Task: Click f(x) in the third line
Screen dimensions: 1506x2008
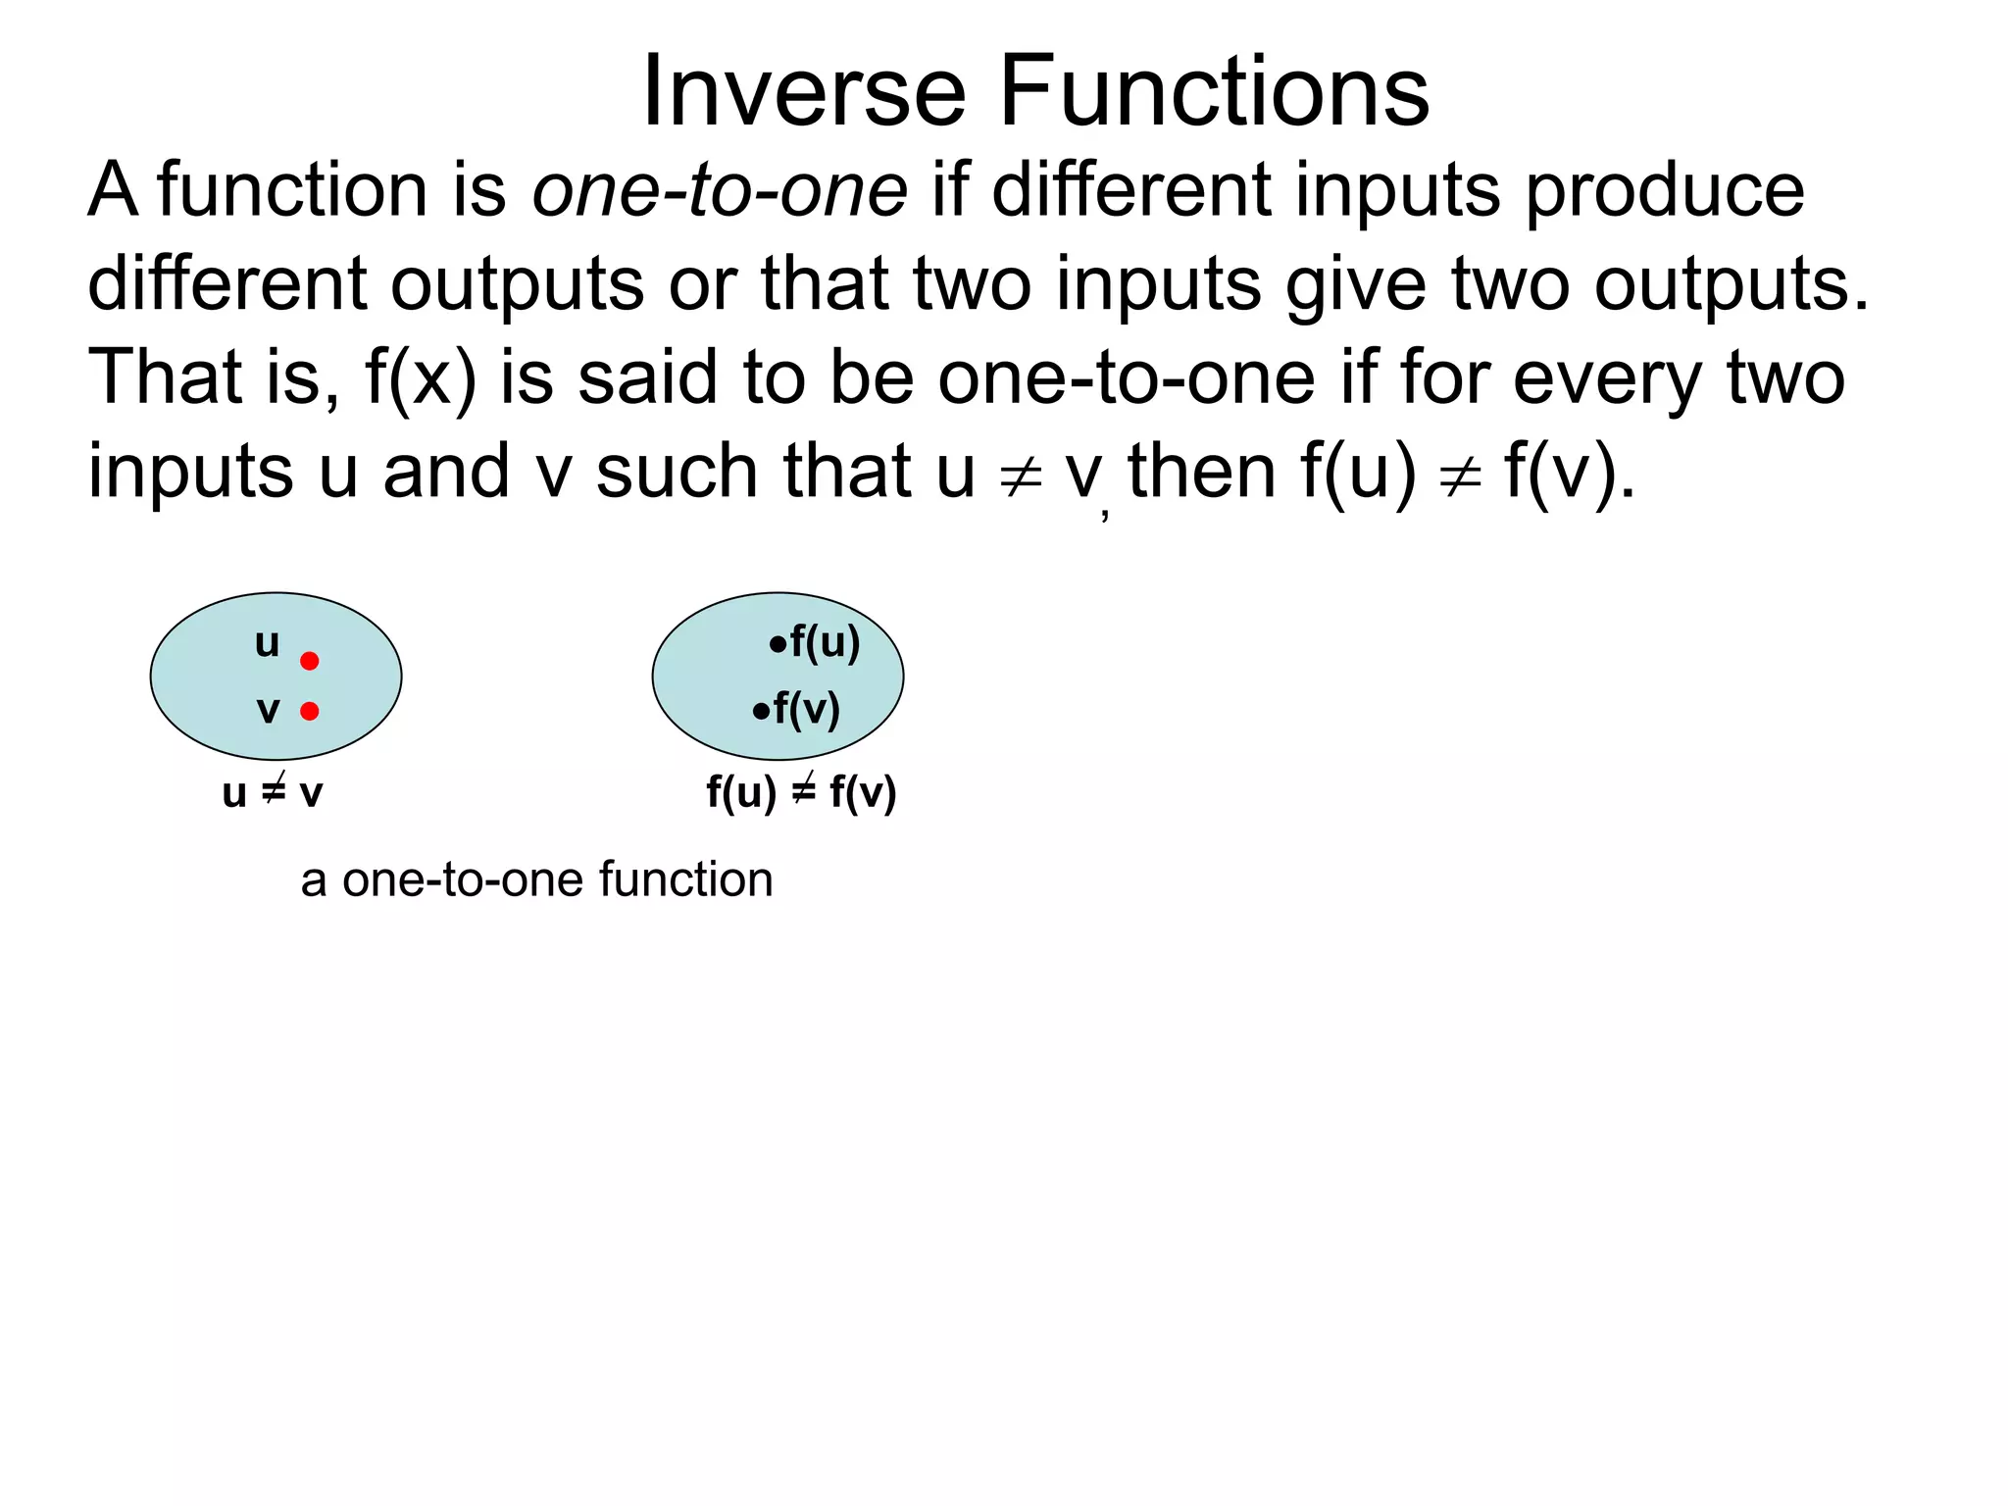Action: (420, 378)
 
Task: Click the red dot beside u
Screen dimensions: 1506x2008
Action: (310, 661)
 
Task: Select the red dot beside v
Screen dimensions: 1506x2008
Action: (310, 711)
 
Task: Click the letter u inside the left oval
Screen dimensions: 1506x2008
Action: (267, 643)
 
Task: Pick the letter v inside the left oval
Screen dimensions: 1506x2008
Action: (268, 710)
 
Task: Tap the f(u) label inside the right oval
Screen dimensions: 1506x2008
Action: (825, 642)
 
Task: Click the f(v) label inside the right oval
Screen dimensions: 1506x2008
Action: (806, 709)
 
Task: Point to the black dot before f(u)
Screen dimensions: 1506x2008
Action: (778, 645)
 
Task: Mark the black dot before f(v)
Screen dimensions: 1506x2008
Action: (761, 712)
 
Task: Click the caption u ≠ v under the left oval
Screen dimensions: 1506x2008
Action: (273, 792)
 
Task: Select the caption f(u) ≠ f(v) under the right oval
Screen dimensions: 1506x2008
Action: (801, 792)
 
